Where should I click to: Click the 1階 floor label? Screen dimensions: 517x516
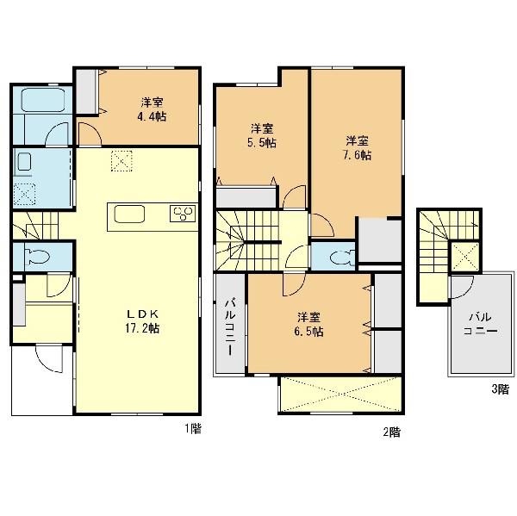(x=192, y=429)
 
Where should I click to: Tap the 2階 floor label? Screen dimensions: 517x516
(x=391, y=432)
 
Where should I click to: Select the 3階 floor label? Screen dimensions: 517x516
(x=500, y=389)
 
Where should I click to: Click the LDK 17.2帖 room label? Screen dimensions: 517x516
(x=142, y=320)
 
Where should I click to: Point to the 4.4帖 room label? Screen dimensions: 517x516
(x=152, y=109)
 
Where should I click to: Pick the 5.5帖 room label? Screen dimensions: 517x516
(x=262, y=135)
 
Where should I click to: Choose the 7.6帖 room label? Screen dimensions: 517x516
(x=357, y=147)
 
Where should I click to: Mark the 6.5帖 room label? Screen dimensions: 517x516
(x=308, y=325)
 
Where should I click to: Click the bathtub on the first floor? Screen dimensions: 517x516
(x=43, y=100)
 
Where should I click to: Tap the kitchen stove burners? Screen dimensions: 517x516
(x=183, y=213)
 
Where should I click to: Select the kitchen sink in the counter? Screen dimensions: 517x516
(x=129, y=214)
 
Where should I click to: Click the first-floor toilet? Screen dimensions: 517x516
(x=37, y=256)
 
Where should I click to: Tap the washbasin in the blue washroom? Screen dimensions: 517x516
(x=24, y=162)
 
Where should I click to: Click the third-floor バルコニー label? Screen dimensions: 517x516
(x=481, y=324)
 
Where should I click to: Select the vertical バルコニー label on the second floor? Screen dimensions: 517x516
(x=230, y=326)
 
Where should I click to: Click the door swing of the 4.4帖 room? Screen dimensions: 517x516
(x=89, y=134)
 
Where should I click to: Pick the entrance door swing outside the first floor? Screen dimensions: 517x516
(x=49, y=358)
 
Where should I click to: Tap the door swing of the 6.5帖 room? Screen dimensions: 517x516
(x=294, y=284)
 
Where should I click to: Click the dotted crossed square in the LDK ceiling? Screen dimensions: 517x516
(x=121, y=161)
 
